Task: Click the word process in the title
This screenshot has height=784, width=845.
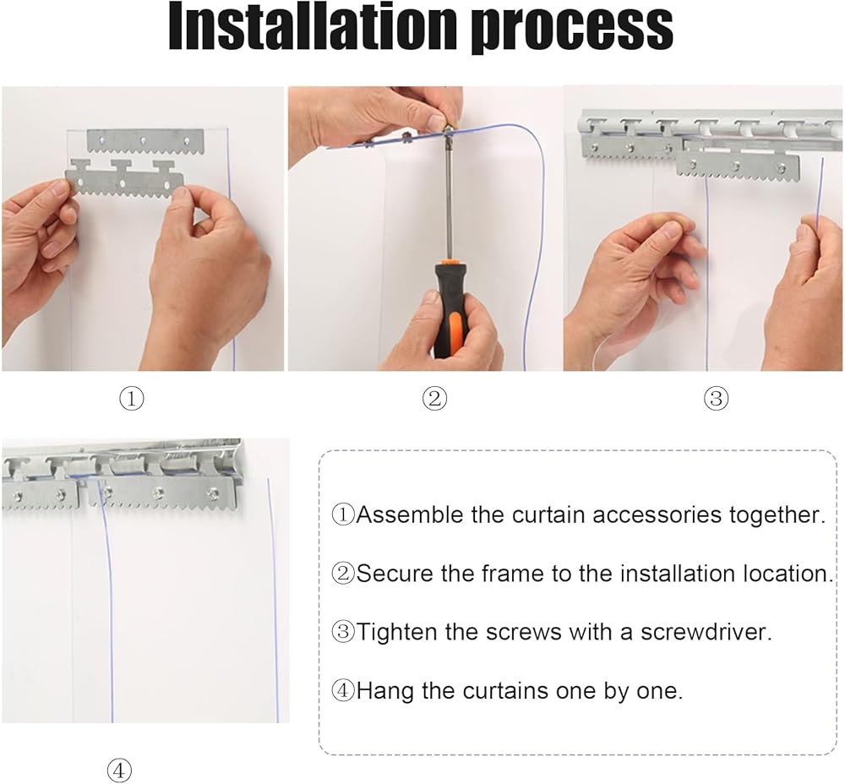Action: pyautogui.click(x=572, y=29)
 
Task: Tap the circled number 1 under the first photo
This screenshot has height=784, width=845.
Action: pyautogui.click(x=132, y=400)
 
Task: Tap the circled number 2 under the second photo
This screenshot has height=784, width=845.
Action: pyautogui.click(x=434, y=399)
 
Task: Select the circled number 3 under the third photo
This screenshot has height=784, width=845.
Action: pyautogui.click(x=717, y=399)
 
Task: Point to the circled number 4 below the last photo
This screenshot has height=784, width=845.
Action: pyautogui.click(x=120, y=770)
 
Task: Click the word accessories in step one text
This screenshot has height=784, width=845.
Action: pyautogui.click(x=657, y=515)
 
